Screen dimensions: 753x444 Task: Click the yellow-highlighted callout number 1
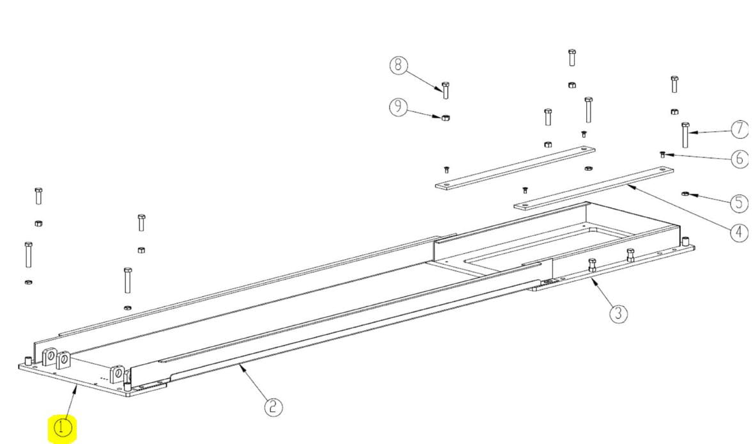point(62,427)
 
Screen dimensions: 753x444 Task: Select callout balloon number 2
point(273,407)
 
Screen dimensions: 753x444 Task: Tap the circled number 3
point(619,313)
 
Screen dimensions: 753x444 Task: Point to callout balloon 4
point(739,233)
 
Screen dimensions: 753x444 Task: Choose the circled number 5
point(739,203)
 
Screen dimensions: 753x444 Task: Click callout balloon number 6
point(740,159)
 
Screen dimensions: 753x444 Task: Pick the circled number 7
point(740,129)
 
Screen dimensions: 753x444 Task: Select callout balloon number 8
point(398,65)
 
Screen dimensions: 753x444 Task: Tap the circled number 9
point(398,107)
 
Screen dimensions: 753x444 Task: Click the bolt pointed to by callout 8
point(446,90)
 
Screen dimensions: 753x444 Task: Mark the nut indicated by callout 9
point(446,117)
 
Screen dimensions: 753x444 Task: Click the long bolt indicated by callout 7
point(685,135)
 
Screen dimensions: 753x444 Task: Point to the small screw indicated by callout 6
point(663,154)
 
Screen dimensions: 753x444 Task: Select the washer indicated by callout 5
point(685,194)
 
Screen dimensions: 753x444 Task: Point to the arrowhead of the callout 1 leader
point(76,387)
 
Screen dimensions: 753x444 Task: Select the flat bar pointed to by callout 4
point(594,188)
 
